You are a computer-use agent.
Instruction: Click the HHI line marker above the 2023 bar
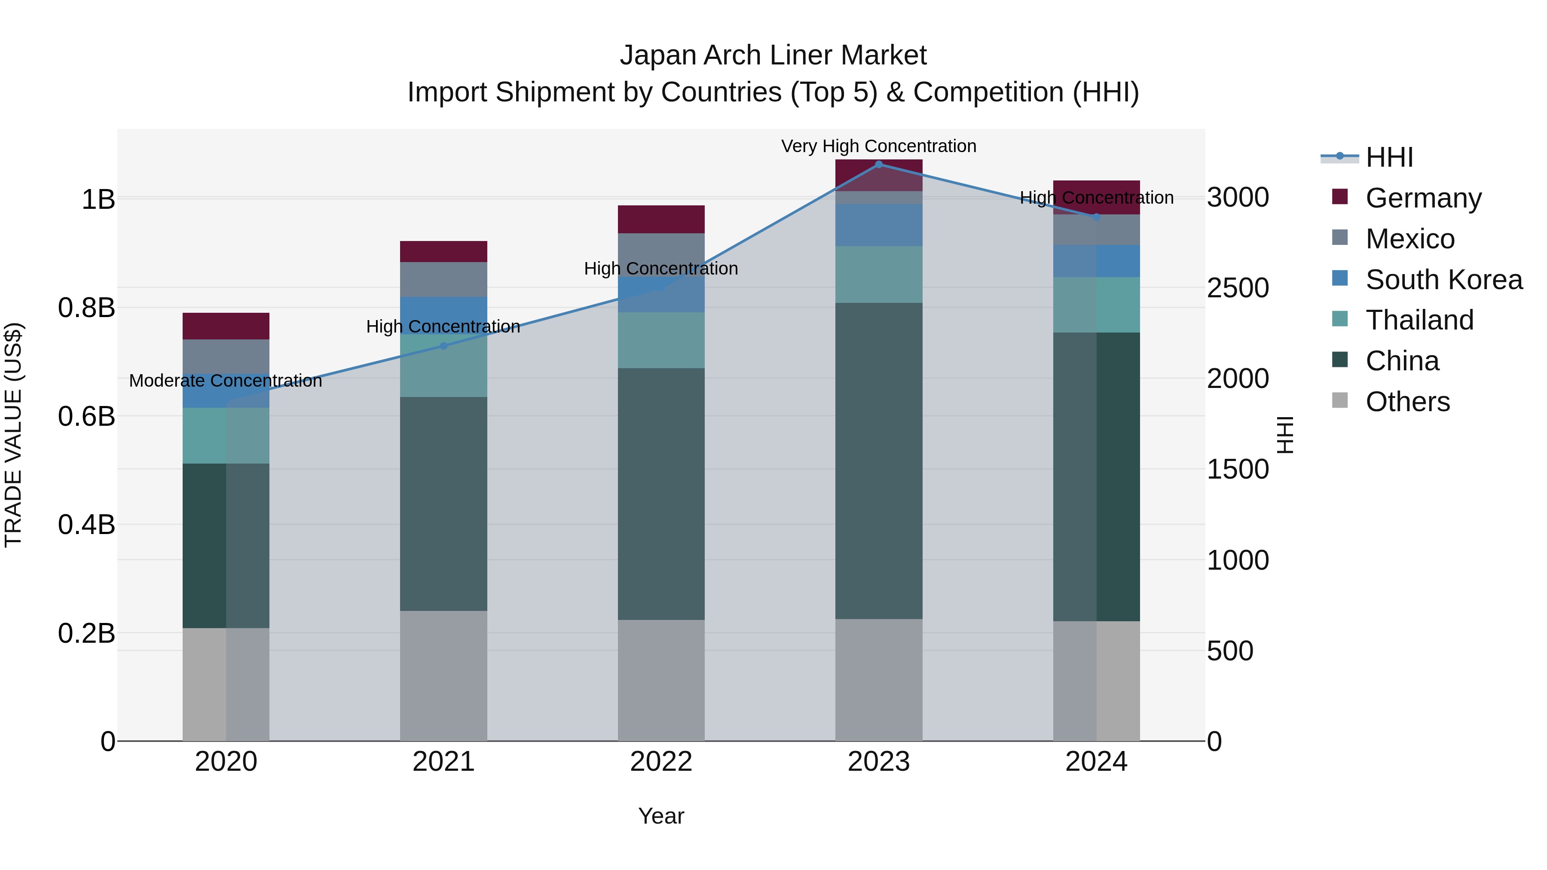coord(879,164)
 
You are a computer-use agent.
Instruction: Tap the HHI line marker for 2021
coord(443,346)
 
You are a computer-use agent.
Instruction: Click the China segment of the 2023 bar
coord(879,461)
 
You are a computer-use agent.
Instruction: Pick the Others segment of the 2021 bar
coord(443,675)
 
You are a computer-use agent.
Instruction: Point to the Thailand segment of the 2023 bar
coord(879,275)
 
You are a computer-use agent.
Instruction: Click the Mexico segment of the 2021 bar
coord(443,279)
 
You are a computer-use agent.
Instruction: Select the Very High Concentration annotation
coord(879,146)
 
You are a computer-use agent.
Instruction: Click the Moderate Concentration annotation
coord(225,381)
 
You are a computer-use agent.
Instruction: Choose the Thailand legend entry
coord(1419,320)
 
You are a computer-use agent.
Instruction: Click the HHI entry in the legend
coord(1388,157)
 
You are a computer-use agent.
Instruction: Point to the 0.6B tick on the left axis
coord(86,416)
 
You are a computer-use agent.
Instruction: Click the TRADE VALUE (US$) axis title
coord(13,435)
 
